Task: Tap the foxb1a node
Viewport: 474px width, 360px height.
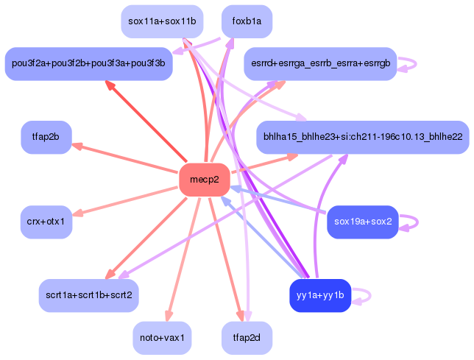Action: (247, 21)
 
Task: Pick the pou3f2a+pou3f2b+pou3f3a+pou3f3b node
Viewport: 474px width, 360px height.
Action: (88, 63)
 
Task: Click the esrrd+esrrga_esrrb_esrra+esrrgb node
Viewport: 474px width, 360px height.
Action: (320, 63)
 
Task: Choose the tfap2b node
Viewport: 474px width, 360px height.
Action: (46, 137)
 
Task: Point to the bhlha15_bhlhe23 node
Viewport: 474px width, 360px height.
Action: (362, 137)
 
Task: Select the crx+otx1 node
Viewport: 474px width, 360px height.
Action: (46, 222)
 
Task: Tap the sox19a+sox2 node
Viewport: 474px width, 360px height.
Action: (361, 222)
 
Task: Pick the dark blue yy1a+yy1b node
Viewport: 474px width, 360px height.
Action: (319, 295)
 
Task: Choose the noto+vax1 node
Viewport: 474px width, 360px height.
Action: (161, 338)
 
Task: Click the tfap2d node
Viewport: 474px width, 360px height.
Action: (247, 338)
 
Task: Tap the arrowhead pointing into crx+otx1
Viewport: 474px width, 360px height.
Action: (77, 214)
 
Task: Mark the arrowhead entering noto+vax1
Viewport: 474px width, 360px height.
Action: (169, 317)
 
